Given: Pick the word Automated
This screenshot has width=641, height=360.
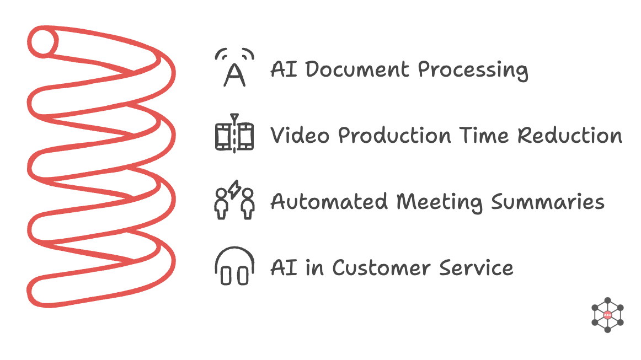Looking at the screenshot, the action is click(x=330, y=202).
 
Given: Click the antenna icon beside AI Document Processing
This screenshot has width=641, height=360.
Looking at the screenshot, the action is click(x=234, y=68).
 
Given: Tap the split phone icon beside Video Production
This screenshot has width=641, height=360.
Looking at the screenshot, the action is click(x=234, y=135).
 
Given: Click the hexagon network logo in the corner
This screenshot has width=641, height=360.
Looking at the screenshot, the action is click(x=607, y=315).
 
